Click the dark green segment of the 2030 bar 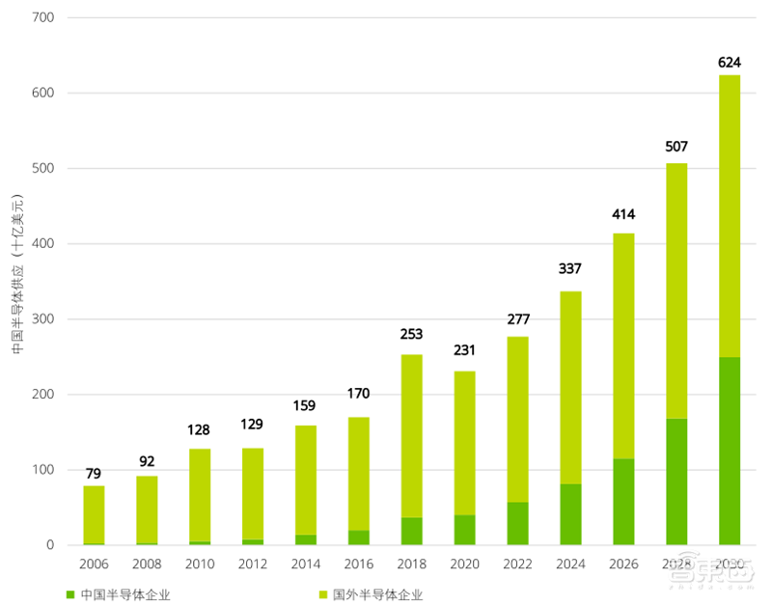[729, 451]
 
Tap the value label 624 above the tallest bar [730, 64]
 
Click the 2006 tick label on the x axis [94, 564]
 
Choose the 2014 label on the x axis [305, 564]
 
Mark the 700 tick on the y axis [43, 18]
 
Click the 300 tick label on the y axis [43, 319]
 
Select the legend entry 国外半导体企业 [377, 594]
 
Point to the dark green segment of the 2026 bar [623, 502]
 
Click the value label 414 [623, 214]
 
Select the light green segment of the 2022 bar [517, 419]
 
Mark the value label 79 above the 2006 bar [94, 474]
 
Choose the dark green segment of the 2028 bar [676, 482]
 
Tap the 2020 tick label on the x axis [464, 564]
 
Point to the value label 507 [676, 148]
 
